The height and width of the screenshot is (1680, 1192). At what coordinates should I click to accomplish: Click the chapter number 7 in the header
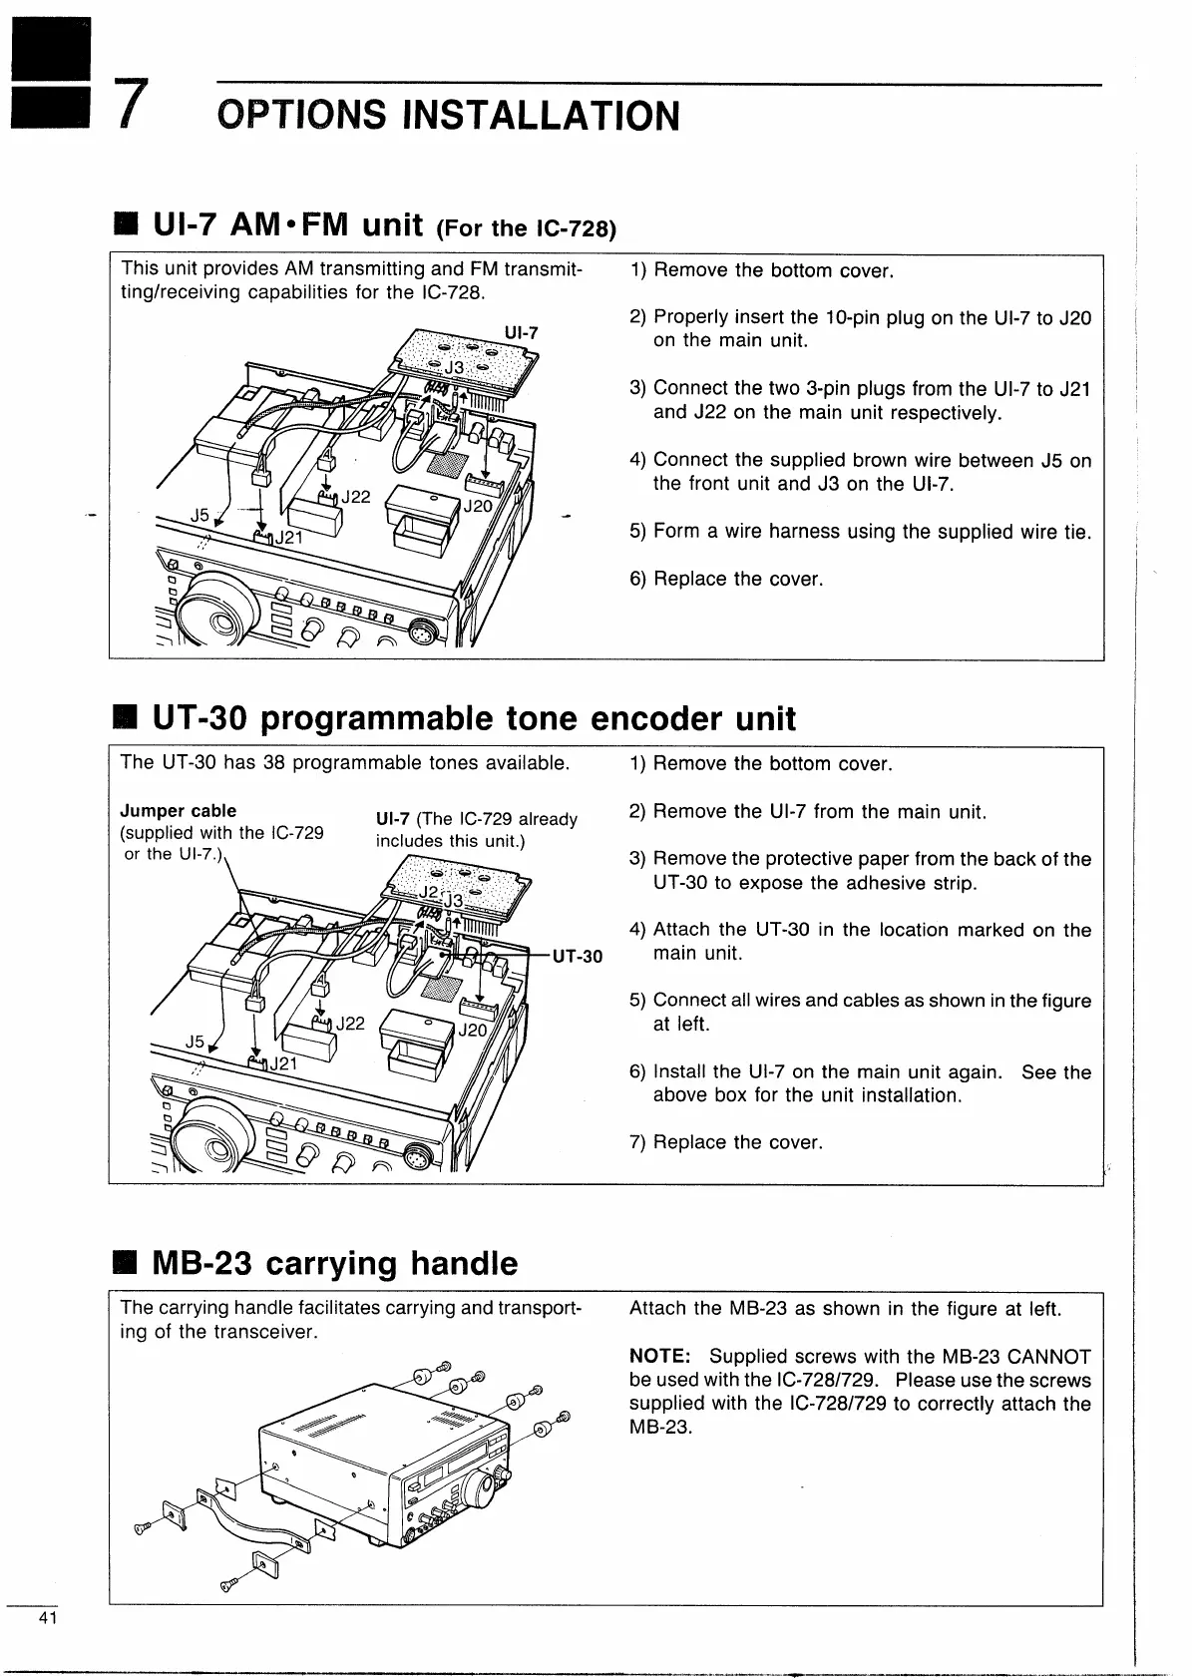coord(127,107)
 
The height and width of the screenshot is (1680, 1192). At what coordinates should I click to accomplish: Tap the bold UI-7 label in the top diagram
coord(521,332)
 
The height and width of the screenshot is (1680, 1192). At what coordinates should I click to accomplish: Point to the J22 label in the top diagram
coord(356,496)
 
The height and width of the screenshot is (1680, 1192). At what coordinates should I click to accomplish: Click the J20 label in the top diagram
coord(478,506)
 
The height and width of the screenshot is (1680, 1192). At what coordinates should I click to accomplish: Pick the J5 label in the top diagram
coord(200,516)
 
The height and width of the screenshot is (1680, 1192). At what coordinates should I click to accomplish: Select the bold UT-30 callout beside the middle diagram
coord(578,957)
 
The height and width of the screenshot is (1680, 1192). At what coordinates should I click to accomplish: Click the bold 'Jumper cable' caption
coord(179,810)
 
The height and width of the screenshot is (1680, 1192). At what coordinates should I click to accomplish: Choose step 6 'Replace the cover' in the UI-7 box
coord(726,579)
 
